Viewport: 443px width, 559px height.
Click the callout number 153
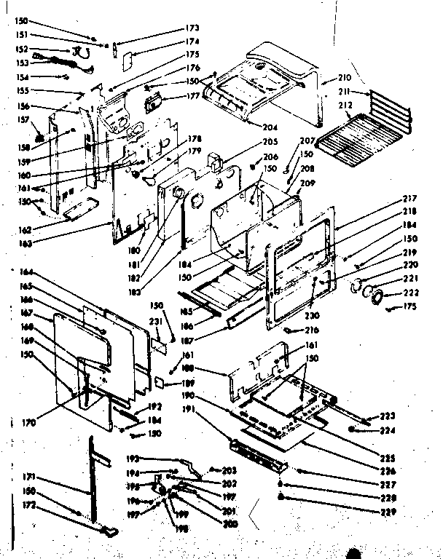click(x=23, y=62)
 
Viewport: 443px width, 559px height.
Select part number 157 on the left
click(x=23, y=119)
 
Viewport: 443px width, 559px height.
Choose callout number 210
click(x=343, y=77)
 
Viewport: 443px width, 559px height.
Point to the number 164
click(x=26, y=272)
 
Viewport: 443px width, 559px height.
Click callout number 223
click(x=387, y=416)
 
